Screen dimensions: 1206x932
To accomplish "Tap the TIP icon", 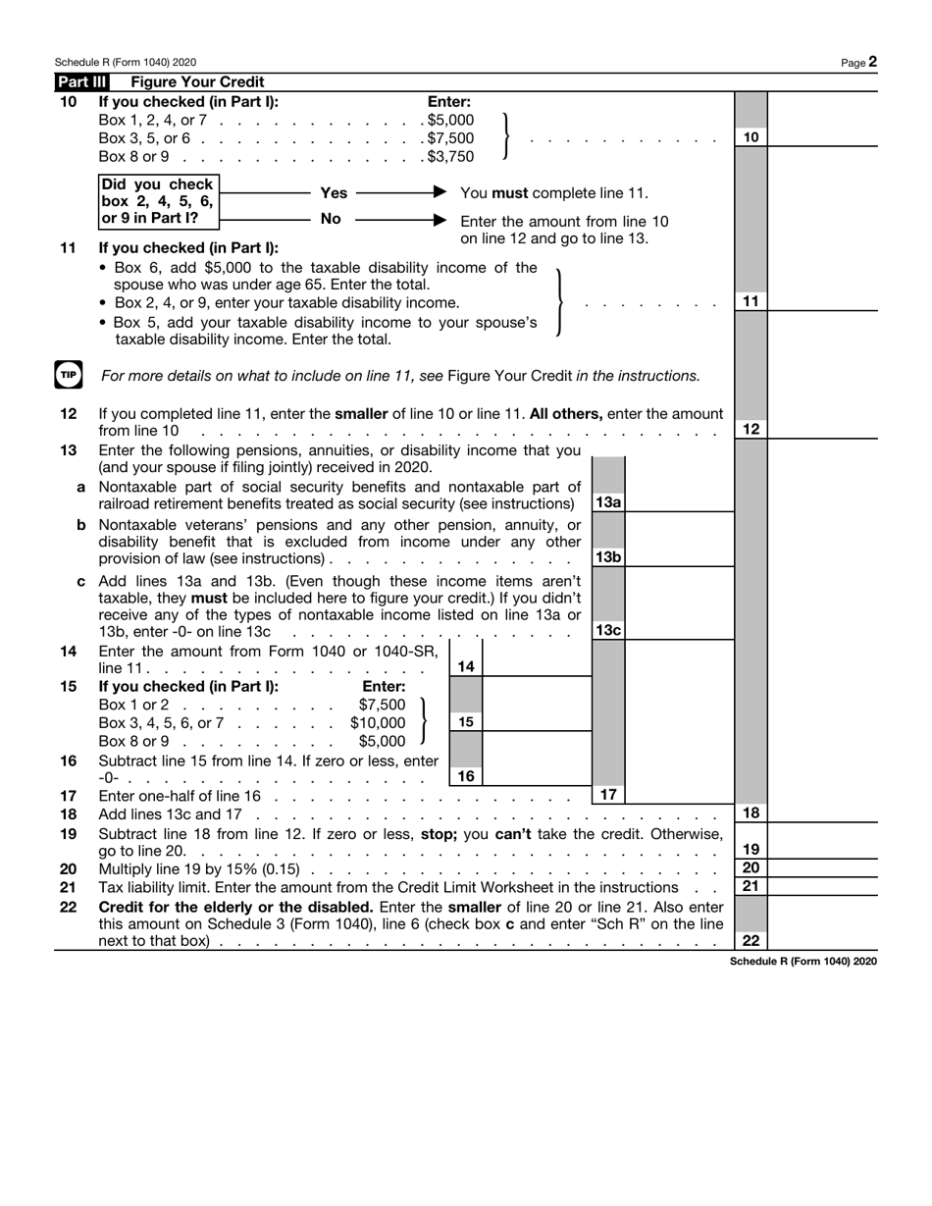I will pos(68,375).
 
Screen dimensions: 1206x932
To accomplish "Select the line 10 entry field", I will pos(822,137).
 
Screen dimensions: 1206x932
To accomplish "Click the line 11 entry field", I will pos(822,301).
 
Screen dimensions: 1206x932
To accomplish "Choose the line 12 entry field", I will pos(822,429).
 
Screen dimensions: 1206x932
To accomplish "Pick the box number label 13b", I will pos(608,556).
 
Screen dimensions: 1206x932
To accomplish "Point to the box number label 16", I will pos(466,776).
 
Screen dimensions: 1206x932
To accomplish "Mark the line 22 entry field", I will pos(822,940).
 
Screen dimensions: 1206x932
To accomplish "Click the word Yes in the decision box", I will pos(334,193).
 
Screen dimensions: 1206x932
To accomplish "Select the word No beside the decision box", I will pos(332,219).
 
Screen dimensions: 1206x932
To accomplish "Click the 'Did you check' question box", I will pos(158,201).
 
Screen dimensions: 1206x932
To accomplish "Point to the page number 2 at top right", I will pos(872,62).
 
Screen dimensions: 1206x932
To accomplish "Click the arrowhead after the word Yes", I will pos(440,192).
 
